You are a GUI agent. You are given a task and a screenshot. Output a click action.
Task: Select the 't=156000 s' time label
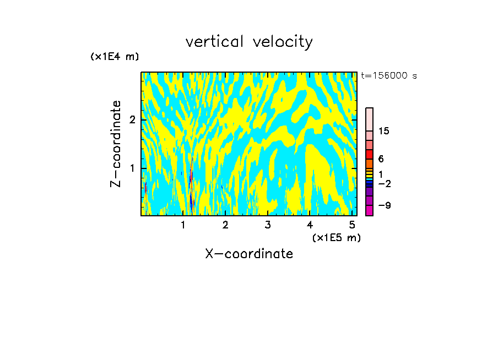[388, 75]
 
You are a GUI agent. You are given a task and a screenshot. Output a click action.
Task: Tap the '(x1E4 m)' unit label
[115, 56]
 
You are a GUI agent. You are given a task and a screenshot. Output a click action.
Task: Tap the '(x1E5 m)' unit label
[336, 237]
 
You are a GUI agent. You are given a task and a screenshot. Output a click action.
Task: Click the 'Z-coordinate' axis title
[116, 144]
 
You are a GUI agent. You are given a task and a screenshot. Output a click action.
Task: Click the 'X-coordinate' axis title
[249, 254]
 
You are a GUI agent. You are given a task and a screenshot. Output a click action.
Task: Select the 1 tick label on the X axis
[183, 225]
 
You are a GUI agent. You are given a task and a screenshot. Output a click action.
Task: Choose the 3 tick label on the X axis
[267, 225]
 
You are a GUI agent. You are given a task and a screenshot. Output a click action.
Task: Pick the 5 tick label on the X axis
[352, 225]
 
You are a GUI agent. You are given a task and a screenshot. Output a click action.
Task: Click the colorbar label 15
[384, 131]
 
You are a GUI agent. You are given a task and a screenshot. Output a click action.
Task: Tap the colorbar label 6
[381, 159]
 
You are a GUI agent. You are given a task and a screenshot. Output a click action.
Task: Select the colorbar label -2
[384, 184]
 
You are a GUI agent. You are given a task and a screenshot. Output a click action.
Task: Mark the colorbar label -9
[384, 206]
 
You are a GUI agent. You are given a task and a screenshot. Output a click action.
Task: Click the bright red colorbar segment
[369, 155]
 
